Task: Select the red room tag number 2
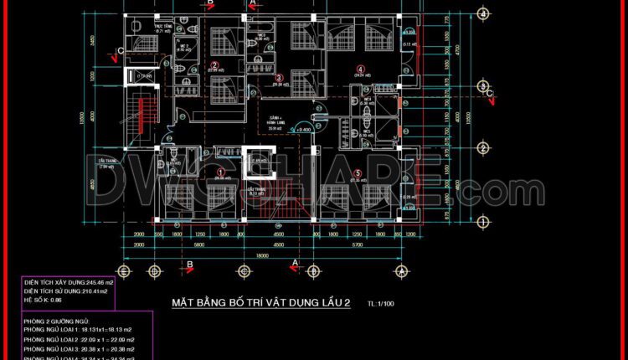coord(214,64)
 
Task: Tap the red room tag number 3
coord(280,78)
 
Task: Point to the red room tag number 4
coord(361,69)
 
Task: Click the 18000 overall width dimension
coord(262,256)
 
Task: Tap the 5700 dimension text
coord(356,246)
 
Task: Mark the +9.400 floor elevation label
coord(302,130)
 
